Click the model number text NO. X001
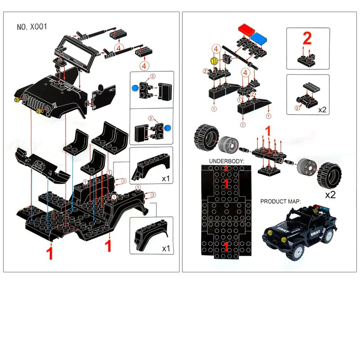31,27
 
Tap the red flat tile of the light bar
247,29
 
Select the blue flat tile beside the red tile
259,38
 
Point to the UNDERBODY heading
227,161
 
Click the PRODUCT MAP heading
280,202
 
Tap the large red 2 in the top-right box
307,38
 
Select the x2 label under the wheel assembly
330,195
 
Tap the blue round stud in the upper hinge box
135,88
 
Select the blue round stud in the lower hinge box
168,128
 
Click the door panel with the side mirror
103,96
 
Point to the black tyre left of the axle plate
206,138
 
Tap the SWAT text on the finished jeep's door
315,233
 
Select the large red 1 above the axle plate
268,131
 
